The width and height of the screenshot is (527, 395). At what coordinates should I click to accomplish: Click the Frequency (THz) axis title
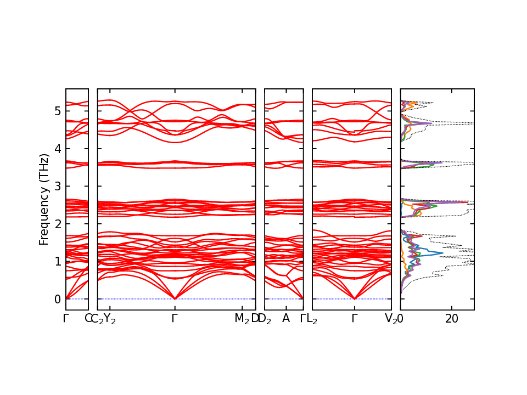(43, 199)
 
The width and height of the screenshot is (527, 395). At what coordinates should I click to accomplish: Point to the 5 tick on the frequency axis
(57, 111)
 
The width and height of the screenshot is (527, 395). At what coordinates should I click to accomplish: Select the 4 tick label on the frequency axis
(57, 149)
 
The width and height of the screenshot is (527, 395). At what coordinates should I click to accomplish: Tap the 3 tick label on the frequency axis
(57, 187)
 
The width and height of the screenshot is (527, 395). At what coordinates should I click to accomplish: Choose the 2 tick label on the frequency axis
(57, 224)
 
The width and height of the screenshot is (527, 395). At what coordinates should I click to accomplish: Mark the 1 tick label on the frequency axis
(57, 261)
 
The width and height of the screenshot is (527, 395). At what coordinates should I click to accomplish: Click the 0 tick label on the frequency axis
(57, 299)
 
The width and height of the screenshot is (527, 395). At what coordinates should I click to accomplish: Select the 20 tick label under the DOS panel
(452, 318)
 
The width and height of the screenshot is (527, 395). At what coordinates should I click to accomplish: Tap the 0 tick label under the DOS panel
(401, 318)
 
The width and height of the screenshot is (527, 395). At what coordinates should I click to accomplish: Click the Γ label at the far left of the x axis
(66, 318)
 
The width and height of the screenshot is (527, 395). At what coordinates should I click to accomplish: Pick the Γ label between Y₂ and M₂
(175, 318)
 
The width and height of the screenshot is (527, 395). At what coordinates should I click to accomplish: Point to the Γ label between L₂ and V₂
(355, 318)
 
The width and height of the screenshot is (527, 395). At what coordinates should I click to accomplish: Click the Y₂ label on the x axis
(110, 319)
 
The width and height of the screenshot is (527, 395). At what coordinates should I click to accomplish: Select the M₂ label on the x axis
(242, 319)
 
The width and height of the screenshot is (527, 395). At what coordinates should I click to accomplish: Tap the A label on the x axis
(285, 318)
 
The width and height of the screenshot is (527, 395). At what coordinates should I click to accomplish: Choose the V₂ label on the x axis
(391, 319)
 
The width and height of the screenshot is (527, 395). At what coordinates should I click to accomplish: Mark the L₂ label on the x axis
(312, 319)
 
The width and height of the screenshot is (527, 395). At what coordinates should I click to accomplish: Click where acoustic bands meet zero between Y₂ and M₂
(175, 298)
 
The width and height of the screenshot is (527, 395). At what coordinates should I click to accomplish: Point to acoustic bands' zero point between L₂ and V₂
(355, 298)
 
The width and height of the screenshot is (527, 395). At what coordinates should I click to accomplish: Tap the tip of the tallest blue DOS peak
(442, 253)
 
